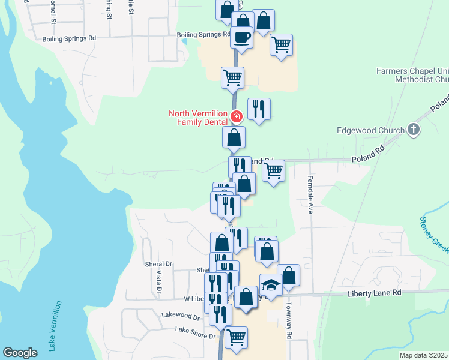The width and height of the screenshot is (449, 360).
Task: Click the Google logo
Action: click(x=20, y=353)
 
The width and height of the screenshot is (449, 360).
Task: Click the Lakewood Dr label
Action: click(x=180, y=315)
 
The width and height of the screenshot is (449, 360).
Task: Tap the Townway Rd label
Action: click(x=289, y=326)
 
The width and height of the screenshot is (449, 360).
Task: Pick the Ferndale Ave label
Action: click(x=311, y=199)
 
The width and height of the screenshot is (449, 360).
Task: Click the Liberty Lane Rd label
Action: click(x=373, y=293)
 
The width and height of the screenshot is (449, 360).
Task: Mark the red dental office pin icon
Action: click(x=237, y=116)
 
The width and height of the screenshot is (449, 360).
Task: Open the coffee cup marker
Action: click(x=242, y=37)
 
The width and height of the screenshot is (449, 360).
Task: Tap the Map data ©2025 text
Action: click(x=423, y=355)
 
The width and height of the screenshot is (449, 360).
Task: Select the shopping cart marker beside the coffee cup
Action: click(x=281, y=44)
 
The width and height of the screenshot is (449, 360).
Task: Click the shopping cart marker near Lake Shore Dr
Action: click(x=236, y=337)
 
